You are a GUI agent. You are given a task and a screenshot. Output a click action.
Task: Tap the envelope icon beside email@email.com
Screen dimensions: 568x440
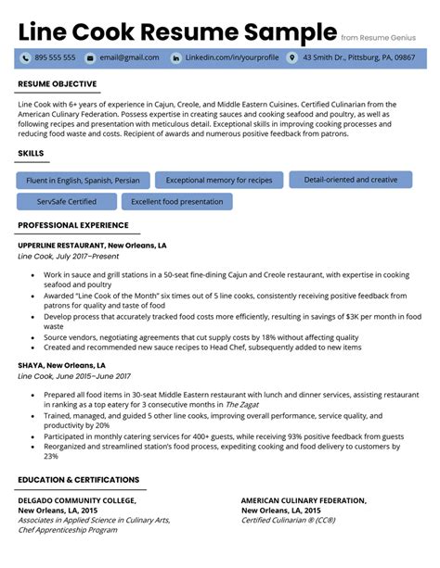pos(89,57)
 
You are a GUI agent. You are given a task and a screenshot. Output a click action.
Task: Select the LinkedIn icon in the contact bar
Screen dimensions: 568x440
pos(175,57)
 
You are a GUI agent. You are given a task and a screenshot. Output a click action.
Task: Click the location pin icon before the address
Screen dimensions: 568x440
pos(292,57)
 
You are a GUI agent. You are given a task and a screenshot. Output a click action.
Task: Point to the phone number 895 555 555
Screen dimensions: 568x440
pos(55,57)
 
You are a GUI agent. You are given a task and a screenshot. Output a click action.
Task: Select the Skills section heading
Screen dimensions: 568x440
pos(31,153)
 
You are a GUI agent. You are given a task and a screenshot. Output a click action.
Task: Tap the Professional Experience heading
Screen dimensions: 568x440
pos(73,225)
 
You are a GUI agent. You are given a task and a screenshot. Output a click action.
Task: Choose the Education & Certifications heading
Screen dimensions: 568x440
pos(78,480)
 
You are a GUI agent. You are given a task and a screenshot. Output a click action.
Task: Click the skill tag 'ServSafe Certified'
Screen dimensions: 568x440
pos(67,201)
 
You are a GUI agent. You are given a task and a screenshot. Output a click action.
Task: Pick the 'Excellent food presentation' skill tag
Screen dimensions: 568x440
pos(176,201)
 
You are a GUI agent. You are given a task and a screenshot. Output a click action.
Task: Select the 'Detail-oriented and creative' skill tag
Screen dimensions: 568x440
pos(350,180)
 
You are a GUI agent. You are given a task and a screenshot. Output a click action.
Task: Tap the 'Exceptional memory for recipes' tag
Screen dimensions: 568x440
pos(219,180)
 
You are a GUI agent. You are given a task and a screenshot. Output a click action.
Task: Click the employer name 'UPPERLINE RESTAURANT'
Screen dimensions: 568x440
pos(66,246)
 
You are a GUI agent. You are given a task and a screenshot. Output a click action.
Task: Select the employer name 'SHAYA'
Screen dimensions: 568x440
pos(31,365)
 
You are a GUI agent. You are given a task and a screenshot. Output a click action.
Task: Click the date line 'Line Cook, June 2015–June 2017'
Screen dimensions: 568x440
pos(74,376)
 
